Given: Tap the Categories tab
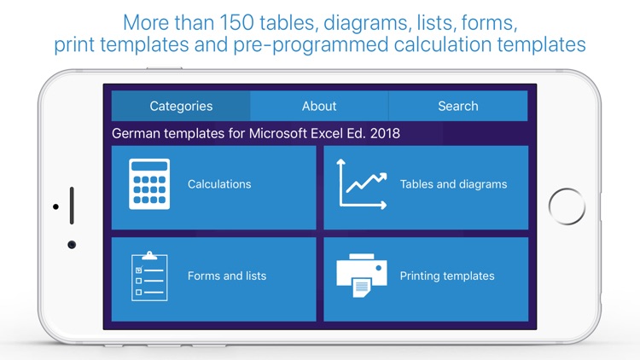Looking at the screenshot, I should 181,107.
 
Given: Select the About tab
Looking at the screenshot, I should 319,107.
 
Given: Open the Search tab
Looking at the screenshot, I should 457,107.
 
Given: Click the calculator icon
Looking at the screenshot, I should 149,184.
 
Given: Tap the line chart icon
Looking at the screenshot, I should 362,183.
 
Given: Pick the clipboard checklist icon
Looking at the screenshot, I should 149,276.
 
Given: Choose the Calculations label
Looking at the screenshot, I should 219,184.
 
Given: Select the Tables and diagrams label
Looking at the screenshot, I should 453,184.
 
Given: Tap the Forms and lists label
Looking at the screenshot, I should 227,276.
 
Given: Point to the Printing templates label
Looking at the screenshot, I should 447,276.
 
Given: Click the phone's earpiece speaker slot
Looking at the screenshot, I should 72,206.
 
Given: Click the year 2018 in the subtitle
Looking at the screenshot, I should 384,133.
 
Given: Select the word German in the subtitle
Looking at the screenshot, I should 137,133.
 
